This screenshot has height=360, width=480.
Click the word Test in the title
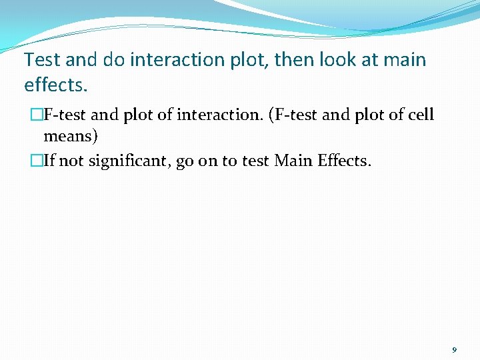pos(43,60)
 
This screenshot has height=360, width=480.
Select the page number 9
pos(454,349)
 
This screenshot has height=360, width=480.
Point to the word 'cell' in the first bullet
pos(420,115)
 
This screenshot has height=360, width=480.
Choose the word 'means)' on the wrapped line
pos(71,137)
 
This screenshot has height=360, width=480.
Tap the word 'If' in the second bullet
pos(50,161)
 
